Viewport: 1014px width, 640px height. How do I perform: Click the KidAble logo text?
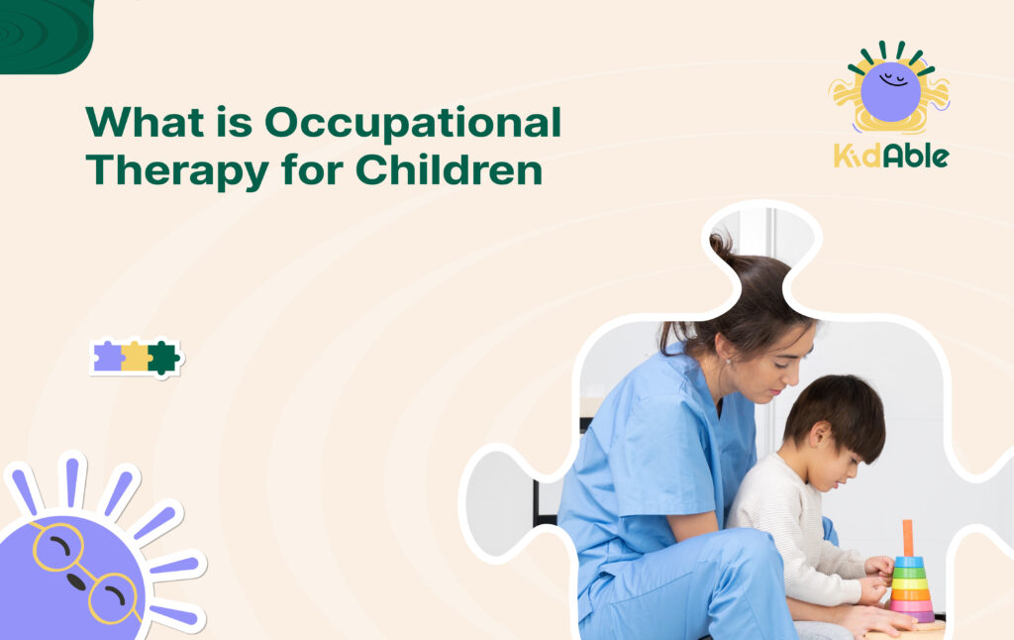(x=890, y=156)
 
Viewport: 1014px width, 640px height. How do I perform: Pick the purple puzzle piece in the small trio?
(x=107, y=357)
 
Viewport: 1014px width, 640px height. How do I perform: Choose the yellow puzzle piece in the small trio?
(x=136, y=357)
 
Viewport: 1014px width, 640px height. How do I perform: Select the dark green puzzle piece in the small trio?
(x=162, y=357)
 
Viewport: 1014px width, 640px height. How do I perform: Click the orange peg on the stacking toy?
(x=908, y=538)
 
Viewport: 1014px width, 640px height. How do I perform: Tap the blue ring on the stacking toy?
(x=909, y=561)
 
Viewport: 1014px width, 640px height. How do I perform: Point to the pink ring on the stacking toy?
(x=911, y=604)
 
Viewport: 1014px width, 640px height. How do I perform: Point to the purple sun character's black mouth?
(x=76, y=583)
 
